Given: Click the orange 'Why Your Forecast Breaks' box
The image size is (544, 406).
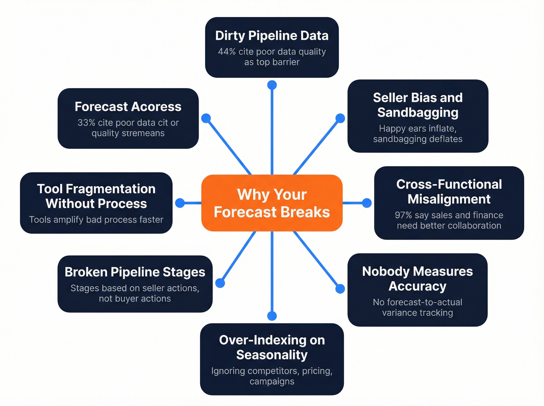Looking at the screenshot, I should click(272, 203).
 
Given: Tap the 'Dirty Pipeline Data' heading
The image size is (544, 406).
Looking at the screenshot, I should click(272, 36).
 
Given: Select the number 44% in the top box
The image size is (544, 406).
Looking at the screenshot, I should click(227, 52).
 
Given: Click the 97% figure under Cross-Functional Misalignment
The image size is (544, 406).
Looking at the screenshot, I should click(403, 215).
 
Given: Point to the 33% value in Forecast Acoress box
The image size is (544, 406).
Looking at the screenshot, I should click(86, 123).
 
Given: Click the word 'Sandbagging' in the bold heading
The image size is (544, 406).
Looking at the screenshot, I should click(418, 113).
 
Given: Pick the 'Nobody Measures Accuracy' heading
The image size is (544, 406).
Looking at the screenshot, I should click(417, 279).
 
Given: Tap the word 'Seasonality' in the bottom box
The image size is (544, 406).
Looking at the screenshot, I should click(272, 355).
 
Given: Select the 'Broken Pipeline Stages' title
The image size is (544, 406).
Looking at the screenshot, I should click(135, 272).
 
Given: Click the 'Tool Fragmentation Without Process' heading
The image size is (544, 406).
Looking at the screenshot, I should click(96, 196).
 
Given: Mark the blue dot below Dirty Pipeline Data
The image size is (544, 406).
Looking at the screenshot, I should click(272, 85).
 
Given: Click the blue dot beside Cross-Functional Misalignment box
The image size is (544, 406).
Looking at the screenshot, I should click(366, 203).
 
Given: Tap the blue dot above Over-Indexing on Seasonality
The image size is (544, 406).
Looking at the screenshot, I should click(272, 315).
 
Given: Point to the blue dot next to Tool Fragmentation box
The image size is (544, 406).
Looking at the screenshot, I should click(180, 203).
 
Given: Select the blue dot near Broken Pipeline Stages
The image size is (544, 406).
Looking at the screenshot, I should click(220, 283).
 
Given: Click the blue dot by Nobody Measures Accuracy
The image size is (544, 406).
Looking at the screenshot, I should click(340, 289).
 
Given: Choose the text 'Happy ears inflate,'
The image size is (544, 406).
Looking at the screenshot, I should click(418, 129).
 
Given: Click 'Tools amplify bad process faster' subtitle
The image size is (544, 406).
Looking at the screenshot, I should click(96, 220).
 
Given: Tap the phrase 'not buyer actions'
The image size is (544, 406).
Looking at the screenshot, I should click(135, 299).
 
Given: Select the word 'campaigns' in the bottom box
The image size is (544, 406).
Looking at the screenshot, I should click(272, 382).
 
